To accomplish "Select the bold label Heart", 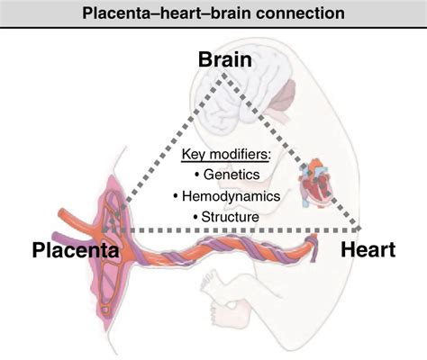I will tap(369, 249).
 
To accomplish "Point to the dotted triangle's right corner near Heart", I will tap(359, 229).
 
